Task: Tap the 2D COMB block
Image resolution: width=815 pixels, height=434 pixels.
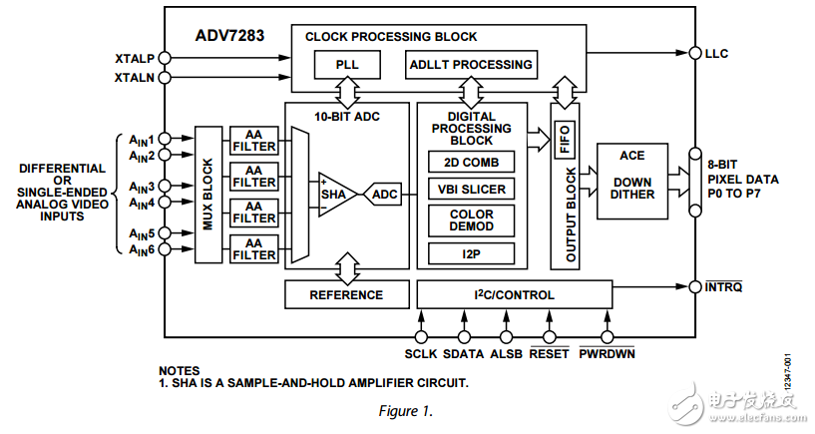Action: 472,162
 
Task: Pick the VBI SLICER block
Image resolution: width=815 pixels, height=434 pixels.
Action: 472,189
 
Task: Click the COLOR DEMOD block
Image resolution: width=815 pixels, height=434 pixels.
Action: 472,220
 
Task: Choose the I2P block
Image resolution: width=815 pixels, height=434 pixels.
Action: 472,252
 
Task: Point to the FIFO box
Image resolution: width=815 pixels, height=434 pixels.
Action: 565,144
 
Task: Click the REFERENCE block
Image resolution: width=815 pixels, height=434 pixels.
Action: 346,294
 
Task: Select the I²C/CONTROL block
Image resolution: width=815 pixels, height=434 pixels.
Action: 514,294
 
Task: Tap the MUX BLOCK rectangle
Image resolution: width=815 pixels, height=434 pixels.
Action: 208,194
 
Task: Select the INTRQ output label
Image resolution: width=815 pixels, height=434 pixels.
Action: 724,287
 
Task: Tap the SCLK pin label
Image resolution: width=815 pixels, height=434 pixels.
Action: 422,352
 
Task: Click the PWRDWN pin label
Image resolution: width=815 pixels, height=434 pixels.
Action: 607,352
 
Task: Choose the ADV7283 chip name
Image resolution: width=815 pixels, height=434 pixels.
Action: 231,37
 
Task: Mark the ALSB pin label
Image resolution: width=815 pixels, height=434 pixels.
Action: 507,352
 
